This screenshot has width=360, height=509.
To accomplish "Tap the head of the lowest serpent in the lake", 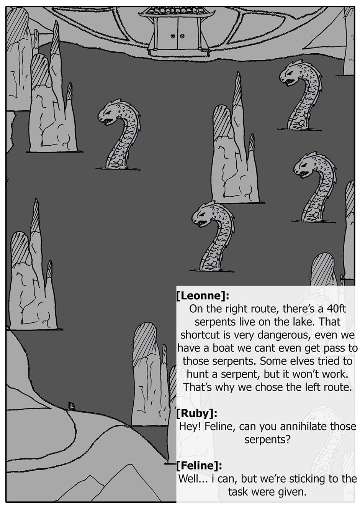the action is [x=203, y=215].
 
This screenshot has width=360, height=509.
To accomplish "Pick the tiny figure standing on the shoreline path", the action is [x=72, y=406].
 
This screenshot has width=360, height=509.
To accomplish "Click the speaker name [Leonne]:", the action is [x=203, y=296].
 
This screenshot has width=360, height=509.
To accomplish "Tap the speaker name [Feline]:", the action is [x=199, y=466].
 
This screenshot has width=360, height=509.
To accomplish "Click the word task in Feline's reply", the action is [x=237, y=492].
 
